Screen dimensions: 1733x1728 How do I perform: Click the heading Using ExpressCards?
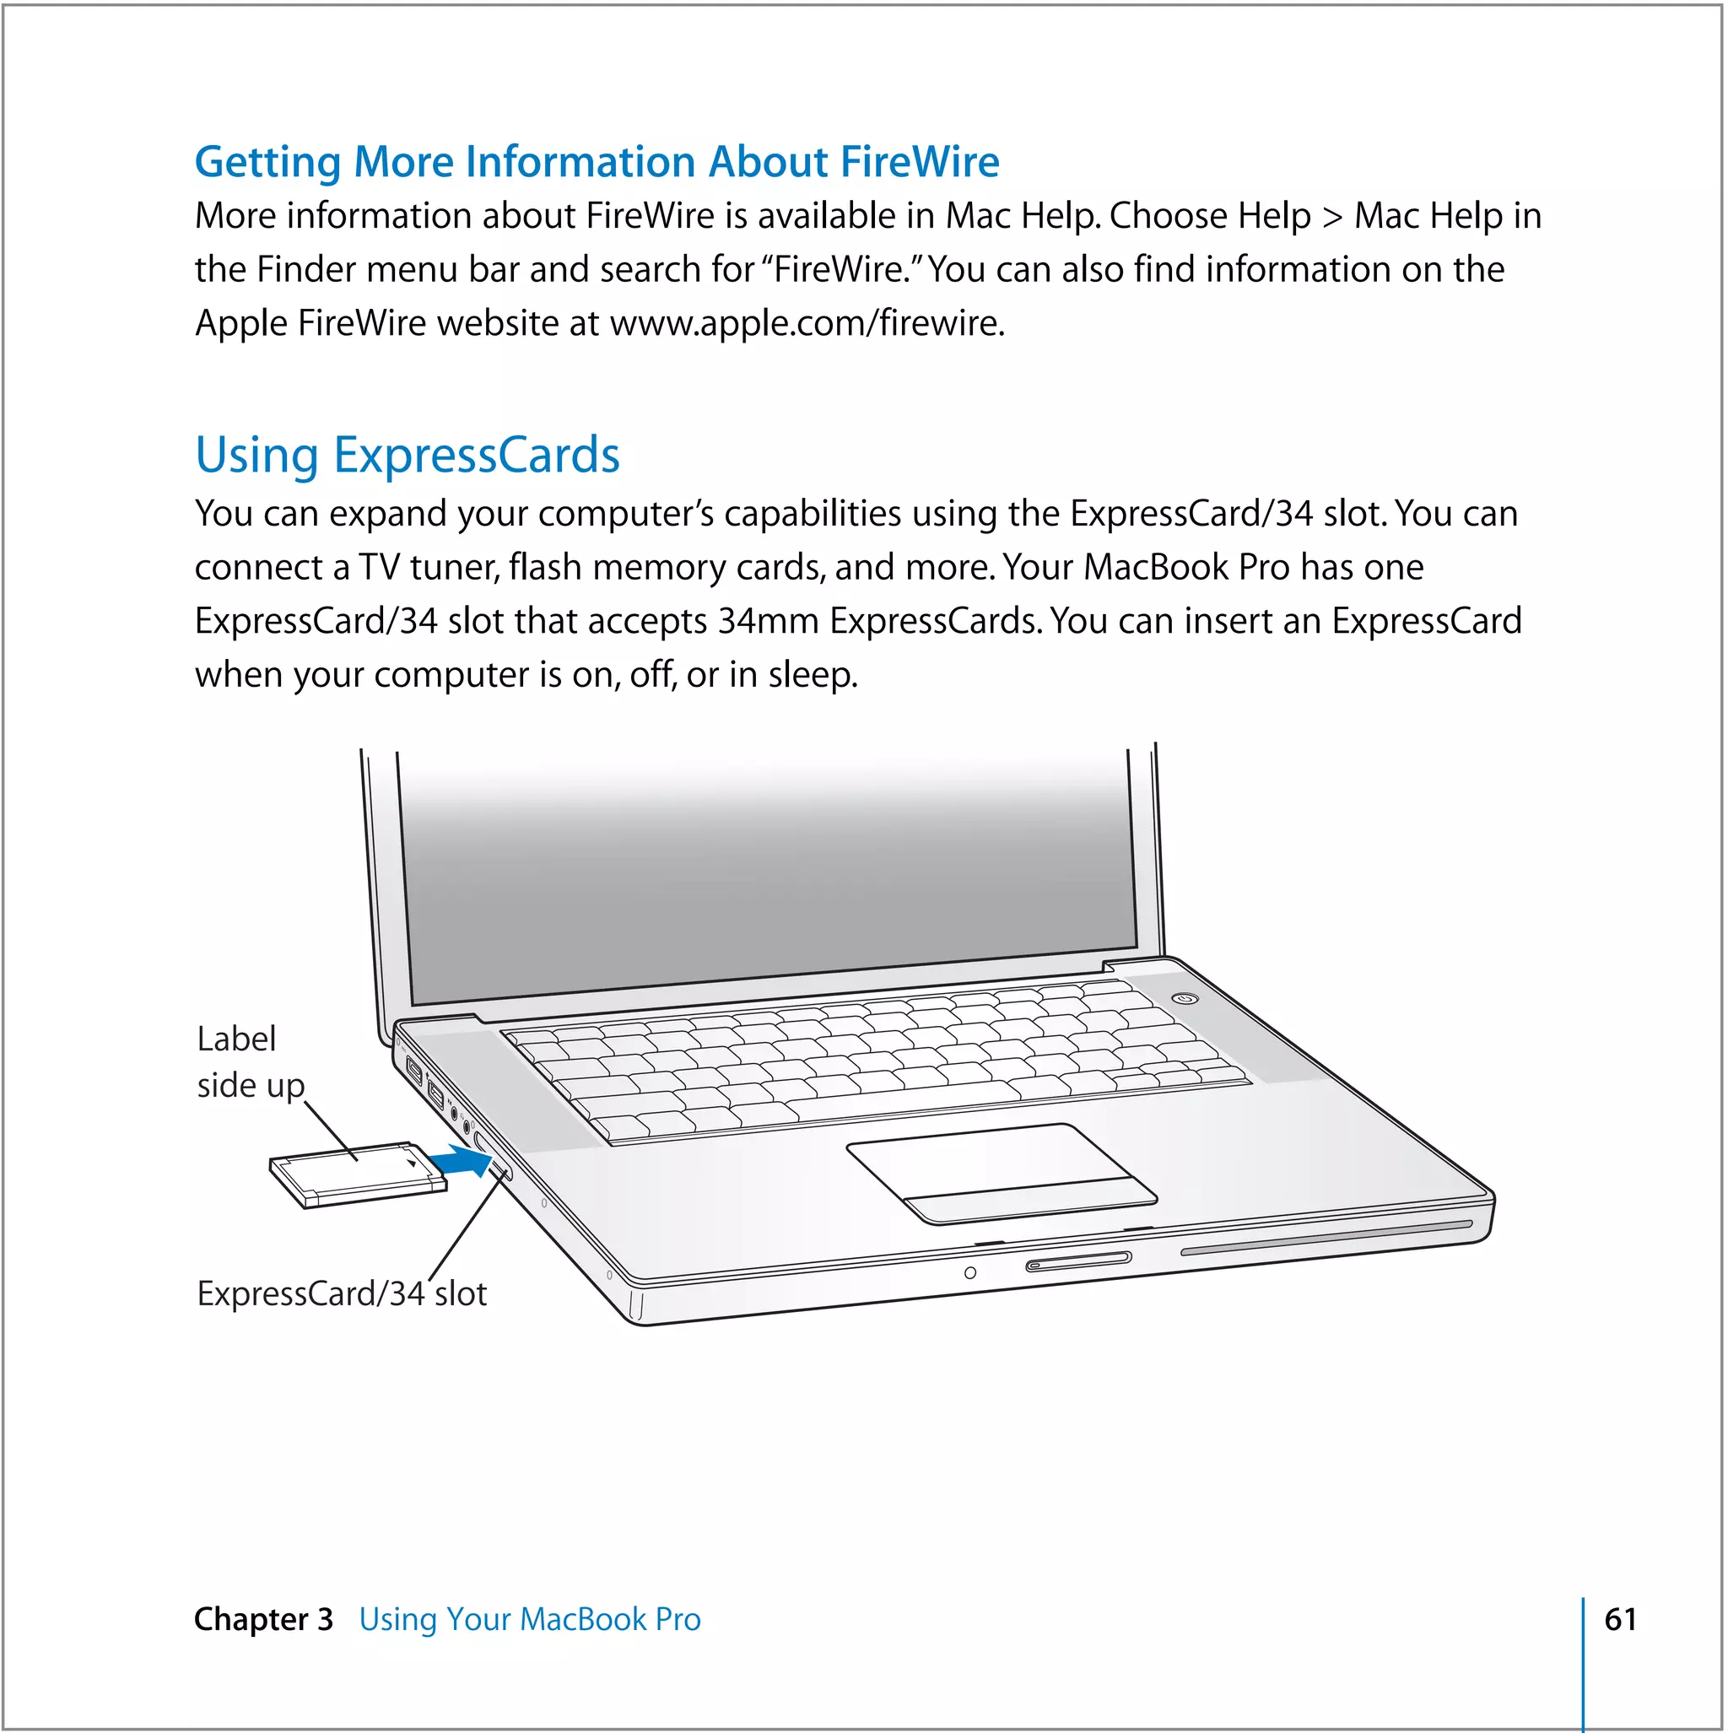(x=408, y=455)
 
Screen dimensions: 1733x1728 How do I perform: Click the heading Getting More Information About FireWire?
(x=597, y=162)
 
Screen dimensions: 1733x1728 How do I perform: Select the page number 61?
(x=1619, y=1619)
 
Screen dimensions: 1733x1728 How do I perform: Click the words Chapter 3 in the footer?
(x=263, y=1619)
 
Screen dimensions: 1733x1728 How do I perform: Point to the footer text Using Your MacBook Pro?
(x=529, y=1619)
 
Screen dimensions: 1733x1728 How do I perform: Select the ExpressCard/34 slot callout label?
(x=342, y=1293)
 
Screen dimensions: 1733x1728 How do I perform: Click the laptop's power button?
(x=1185, y=998)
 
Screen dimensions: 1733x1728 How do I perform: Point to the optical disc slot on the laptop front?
(x=1326, y=1237)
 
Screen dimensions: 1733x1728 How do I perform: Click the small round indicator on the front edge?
(x=969, y=1273)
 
